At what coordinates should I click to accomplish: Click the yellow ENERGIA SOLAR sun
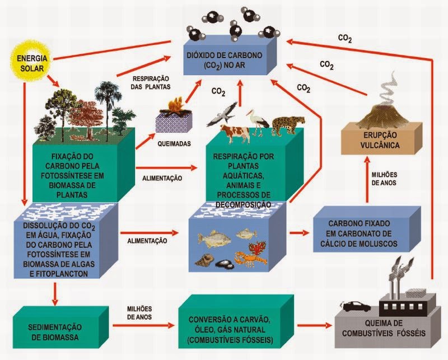(32, 62)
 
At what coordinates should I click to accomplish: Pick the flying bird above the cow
(221, 113)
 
